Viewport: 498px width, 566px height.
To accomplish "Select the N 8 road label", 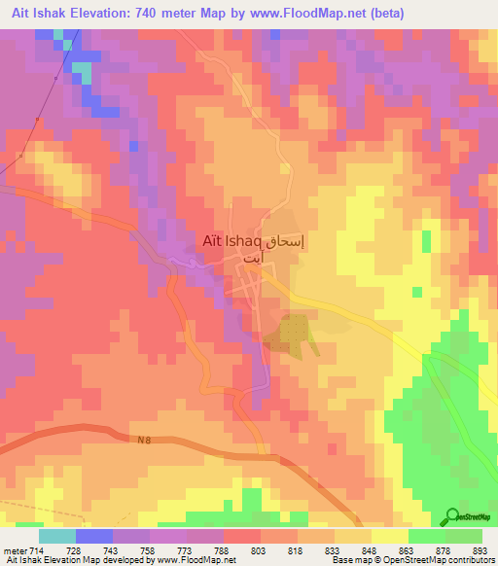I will pyautogui.click(x=143, y=441).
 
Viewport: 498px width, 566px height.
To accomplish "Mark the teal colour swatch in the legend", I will pyautogui.click(x=56, y=536).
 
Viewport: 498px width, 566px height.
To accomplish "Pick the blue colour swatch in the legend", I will pyautogui.click(x=93, y=536).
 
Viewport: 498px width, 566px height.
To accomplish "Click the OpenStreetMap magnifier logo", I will pyautogui.click(x=452, y=515).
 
